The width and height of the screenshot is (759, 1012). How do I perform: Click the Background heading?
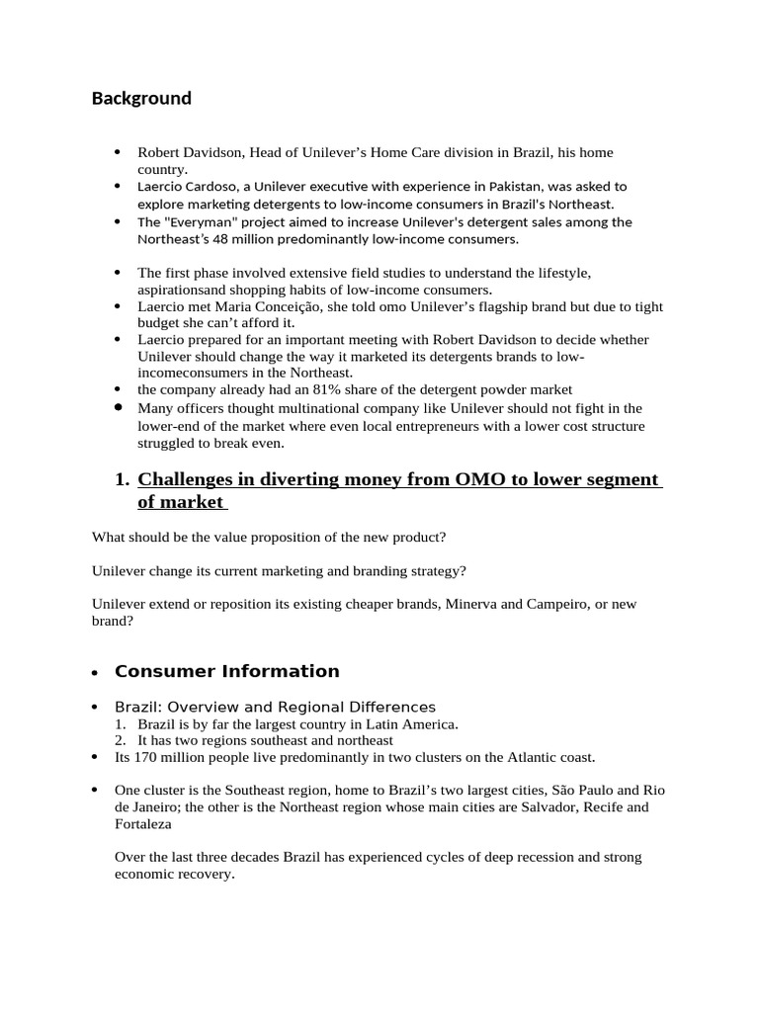[141, 98]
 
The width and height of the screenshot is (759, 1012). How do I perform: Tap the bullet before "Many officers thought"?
[118, 407]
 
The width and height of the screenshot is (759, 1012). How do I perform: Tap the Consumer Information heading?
[226, 671]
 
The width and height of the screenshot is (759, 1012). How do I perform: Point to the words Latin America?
[415, 723]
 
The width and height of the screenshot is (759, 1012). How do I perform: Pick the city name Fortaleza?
[142, 823]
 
